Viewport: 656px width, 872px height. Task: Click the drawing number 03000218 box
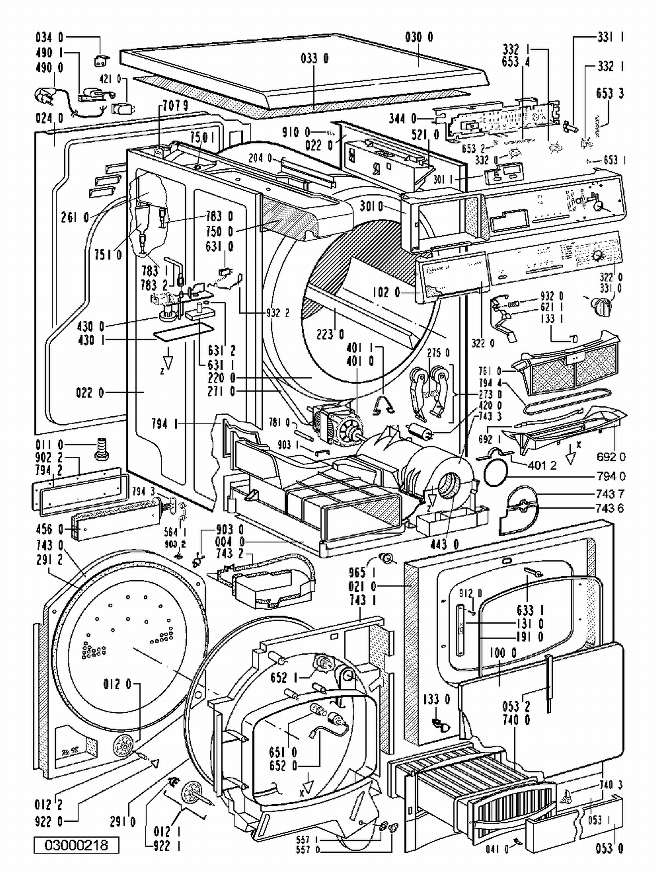76,844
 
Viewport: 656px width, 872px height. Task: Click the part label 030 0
419,37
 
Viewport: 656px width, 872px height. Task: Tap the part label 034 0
49,37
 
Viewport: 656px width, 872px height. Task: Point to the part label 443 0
443,544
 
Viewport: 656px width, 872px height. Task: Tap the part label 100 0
503,653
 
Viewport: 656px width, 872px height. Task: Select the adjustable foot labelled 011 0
101,449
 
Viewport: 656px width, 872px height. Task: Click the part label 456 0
49,530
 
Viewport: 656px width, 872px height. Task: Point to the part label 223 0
330,335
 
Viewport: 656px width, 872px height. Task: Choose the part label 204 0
261,157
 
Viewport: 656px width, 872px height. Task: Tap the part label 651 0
283,753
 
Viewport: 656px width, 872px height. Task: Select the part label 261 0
75,217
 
